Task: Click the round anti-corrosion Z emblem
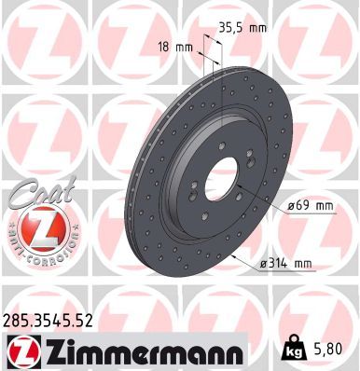(33, 227)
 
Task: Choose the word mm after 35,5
(256, 28)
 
